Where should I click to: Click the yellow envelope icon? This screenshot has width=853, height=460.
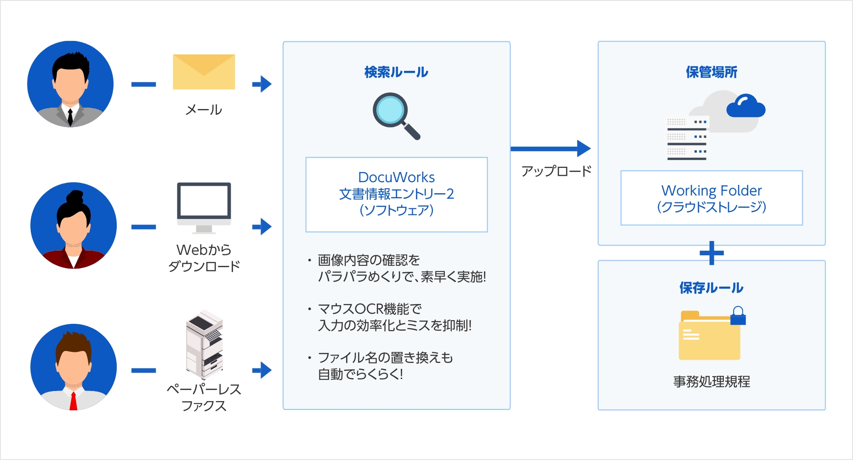pyautogui.click(x=204, y=72)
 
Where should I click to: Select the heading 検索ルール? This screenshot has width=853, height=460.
pyautogui.click(x=396, y=72)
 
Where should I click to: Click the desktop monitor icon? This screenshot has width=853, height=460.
pyautogui.click(x=204, y=205)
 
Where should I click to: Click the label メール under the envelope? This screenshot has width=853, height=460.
pyautogui.click(x=204, y=110)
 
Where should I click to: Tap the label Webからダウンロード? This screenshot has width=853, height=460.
pyautogui.click(x=204, y=258)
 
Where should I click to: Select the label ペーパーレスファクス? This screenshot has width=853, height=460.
pyautogui.click(x=204, y=397)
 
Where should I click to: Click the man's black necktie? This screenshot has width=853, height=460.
pyautogui.click(x=70, y=117)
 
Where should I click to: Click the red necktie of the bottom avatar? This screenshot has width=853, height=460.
pyautogui.click(x=73, y=401)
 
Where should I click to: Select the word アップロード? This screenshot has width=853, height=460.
pyautogui.click(x=556, y=171)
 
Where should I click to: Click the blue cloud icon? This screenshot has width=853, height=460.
pyautogui.click(x=745, y=107)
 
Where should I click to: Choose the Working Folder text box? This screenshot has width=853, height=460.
pyautogui.click(x=711, y=198)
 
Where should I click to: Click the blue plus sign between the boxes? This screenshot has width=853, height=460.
pyautogui.click(x=711, y=253)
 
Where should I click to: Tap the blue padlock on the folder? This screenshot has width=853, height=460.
pyautogui.click(x=738, y=316)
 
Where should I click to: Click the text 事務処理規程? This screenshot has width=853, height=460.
pyautogui.click(x=711, y=381)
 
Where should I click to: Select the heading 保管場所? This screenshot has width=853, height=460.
pyautogui.click(x=711, y=72)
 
